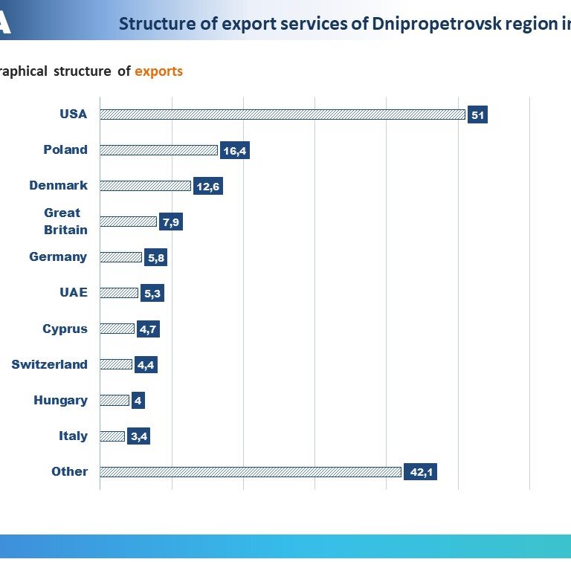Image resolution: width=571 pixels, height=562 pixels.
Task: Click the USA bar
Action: pos(283,114)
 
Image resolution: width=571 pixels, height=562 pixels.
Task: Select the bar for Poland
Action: pos(159,150)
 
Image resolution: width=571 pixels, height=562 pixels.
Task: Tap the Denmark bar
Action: pos(145,186)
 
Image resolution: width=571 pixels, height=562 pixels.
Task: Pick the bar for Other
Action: pos(251,472)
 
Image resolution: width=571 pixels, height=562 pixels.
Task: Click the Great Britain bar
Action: pos(128,222)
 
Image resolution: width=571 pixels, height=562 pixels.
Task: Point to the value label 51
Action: pos(477,114)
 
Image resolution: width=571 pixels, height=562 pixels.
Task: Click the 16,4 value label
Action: pos(235,150)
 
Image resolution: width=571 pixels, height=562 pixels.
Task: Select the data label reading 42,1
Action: pos(420,472)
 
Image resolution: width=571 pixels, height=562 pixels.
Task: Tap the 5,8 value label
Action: pos(156,257)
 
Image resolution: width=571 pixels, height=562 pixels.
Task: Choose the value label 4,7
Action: pos(148,329)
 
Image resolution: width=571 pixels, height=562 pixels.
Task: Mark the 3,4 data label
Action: pos(138,436)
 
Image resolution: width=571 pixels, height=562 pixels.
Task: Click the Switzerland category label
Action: pos(50,364)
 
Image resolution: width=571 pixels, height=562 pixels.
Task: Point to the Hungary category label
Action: pos(60,401)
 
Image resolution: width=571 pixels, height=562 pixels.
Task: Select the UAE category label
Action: pos(74,292)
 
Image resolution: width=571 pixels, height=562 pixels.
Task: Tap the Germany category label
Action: pos(58,257)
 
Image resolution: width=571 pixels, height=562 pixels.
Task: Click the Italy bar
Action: pos(112,436)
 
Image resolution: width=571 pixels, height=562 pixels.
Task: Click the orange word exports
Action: pos(159,71)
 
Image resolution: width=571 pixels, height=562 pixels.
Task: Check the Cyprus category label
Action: pos(65,329)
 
